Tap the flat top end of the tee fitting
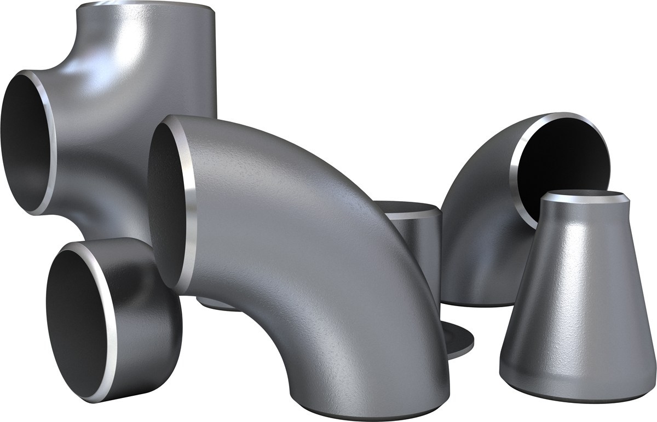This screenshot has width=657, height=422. tap(145, 7)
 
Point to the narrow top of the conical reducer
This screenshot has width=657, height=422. tap(583, 197)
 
